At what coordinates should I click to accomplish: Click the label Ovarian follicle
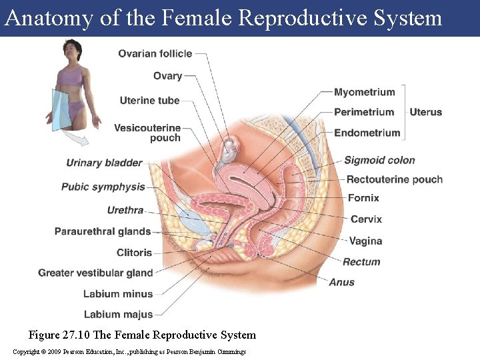pyautogui.click(x=155, y=54)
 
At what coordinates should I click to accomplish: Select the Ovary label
pyautogui.click(x=167, y=76)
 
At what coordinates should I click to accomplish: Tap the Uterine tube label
pyautogui.click(x=149, y=101)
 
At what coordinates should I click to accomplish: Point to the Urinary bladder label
pyautogui.click(x=104, y=163)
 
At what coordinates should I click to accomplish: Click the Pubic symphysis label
pyautogui.click(x=103, y=187)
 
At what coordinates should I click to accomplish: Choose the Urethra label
pyautogui.click(x=125, y=210)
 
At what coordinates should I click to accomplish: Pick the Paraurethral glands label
pyautogui.click(x=103, y=231)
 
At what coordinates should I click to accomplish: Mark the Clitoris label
pyautogui.click(x=134, y=253)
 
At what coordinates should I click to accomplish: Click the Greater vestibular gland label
pyautogui.click(x=95, y=273)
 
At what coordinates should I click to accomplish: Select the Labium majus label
pyautogui.click(x=118, y=314)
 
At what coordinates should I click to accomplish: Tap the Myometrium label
pyautogui.click(x=364, y=92)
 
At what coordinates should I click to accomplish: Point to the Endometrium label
pyautogui.click(x=367, y=133)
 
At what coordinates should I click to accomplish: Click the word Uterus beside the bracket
pyautogui.click(x=425, y=112)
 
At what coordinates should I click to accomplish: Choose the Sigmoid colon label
pyautogui.click(x=379, y=160)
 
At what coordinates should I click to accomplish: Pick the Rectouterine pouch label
pyautogui.click(x=394, y=179)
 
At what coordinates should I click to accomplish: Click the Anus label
pyautogui.click(x=341, y=282)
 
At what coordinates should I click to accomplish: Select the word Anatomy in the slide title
pyautogui.click(x=49, y=18)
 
